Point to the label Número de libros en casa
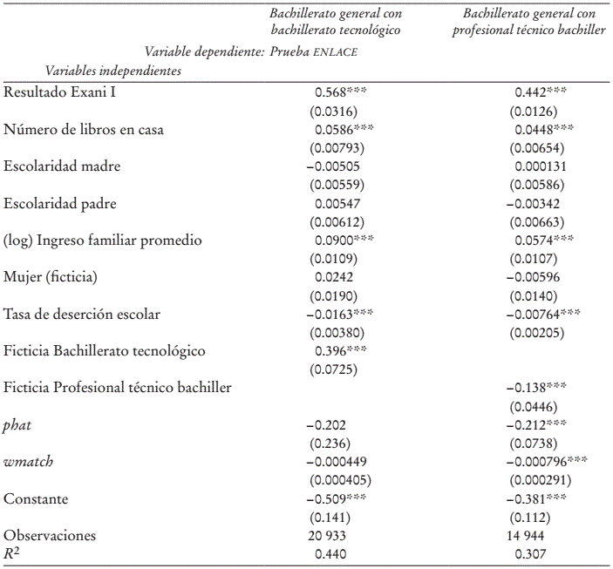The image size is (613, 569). (x=84, y=130)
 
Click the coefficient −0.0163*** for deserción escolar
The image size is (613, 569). (x=340, y=315)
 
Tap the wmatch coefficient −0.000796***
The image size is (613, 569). (x=546, y=462)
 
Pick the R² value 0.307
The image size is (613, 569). (x=523, y=553)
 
